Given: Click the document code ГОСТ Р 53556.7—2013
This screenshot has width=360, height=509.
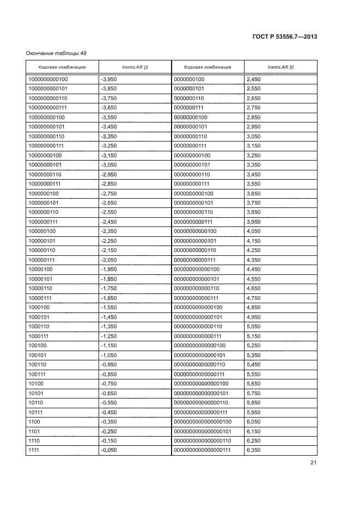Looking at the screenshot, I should click(285, 36).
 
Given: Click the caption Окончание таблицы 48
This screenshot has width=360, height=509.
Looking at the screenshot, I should click(56, 53).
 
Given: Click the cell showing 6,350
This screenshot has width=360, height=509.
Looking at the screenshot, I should click(254, 450).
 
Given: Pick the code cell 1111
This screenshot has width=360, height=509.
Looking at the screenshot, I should click(35, 450).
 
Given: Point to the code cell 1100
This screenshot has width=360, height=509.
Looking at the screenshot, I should click(35, 421).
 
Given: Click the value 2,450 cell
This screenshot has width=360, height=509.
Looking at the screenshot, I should click(254, 79).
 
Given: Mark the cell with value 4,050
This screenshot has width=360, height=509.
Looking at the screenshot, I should click(254, 231).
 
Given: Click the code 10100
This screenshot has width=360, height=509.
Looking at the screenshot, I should click(36, 383).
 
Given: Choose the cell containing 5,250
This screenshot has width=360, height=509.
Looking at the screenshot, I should click(254, 345).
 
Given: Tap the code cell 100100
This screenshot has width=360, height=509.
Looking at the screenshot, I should click(38, 345).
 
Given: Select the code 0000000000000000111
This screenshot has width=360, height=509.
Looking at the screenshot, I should click(203, 450).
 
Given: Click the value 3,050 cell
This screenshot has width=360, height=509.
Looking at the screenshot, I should click(254, 136).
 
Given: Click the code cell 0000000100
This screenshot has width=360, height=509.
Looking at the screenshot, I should click(189, 79).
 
